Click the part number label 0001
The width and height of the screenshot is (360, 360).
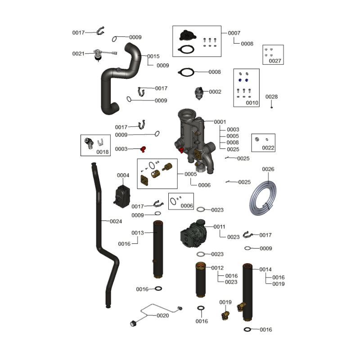click(220, 122)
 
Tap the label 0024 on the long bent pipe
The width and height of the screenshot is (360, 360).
click(116, 221)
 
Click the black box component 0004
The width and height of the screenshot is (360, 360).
click(122, 195)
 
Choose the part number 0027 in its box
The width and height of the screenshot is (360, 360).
click(274, 61)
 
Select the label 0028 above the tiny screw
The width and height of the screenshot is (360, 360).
click(271, 97)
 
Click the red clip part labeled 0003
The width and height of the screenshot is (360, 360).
click(144, 148)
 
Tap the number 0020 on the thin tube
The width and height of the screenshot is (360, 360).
click(162, 315)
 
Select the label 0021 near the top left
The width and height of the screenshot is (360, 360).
click(78, 54)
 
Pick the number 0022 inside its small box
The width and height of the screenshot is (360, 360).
click(268, 148)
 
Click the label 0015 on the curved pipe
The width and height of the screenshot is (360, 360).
click(153, 56)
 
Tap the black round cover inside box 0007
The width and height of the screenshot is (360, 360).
click(185, 35)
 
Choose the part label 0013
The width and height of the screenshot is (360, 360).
click(138, 233)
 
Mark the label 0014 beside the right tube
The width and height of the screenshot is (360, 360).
click(265, 270)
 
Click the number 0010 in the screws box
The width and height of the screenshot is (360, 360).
click(252, 103)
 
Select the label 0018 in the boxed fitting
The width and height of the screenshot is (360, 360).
click(103, 152)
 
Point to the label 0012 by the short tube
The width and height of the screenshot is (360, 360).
click(217, 268)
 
